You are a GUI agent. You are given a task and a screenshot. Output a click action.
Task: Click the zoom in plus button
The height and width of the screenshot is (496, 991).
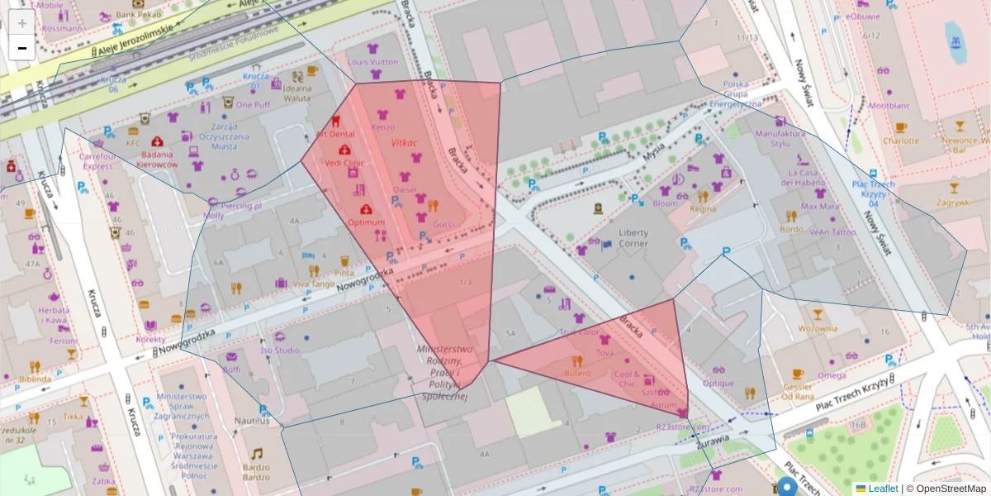pyautogui.click(x=22, y=22)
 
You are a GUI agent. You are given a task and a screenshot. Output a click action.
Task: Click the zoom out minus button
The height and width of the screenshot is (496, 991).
pyautogui.click(x=22, y=48)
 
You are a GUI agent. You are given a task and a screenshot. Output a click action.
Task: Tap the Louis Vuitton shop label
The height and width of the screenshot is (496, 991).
pyautogui.click(x=372, y=63)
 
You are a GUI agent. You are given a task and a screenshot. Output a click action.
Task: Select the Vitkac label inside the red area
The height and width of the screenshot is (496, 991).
pyautogui.click(x=404, y=143)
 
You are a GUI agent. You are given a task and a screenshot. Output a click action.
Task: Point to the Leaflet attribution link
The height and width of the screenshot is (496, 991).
pyautogui.click(x=883, y=489)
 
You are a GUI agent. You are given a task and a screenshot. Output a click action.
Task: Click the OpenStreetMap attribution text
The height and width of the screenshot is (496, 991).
pyautogui.click(x=950, y=489)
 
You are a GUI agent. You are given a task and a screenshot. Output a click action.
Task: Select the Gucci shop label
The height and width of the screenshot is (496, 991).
pyautogui.click(x=444, y=224)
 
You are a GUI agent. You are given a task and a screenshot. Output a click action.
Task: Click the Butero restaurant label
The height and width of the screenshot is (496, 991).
pyautogui.click(x=577, y=374)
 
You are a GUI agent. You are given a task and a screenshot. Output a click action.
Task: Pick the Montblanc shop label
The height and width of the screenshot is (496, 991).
pyautogui.click(x=889, y=106)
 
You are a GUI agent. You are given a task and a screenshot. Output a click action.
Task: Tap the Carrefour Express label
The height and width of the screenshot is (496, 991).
pyautogui.click(x=97, y=160)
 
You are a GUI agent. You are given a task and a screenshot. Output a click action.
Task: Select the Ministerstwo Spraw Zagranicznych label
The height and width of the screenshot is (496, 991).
pyautogui.click(x=185, y=406)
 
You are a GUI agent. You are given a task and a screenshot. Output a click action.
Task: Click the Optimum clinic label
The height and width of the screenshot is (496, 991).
pyautogui.click(x=367, y=222)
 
